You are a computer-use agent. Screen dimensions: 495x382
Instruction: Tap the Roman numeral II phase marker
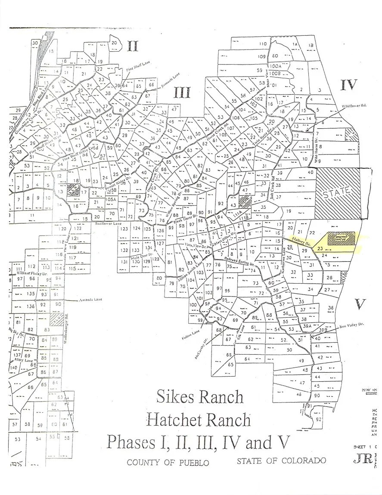point(132,45)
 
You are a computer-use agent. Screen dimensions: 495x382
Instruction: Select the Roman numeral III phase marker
point(182,92)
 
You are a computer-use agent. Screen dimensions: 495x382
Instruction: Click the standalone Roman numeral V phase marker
point(360,305)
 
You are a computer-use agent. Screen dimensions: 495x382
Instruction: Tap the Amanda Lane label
point(87,300)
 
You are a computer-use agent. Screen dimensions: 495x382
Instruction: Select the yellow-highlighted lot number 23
point(320,248)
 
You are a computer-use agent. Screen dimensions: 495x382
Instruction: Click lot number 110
point(262,44)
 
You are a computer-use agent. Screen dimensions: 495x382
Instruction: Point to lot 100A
point(275,66)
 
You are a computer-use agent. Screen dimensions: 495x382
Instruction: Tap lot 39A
point(306,326)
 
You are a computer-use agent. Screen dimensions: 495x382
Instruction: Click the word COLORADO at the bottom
point(304,461)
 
